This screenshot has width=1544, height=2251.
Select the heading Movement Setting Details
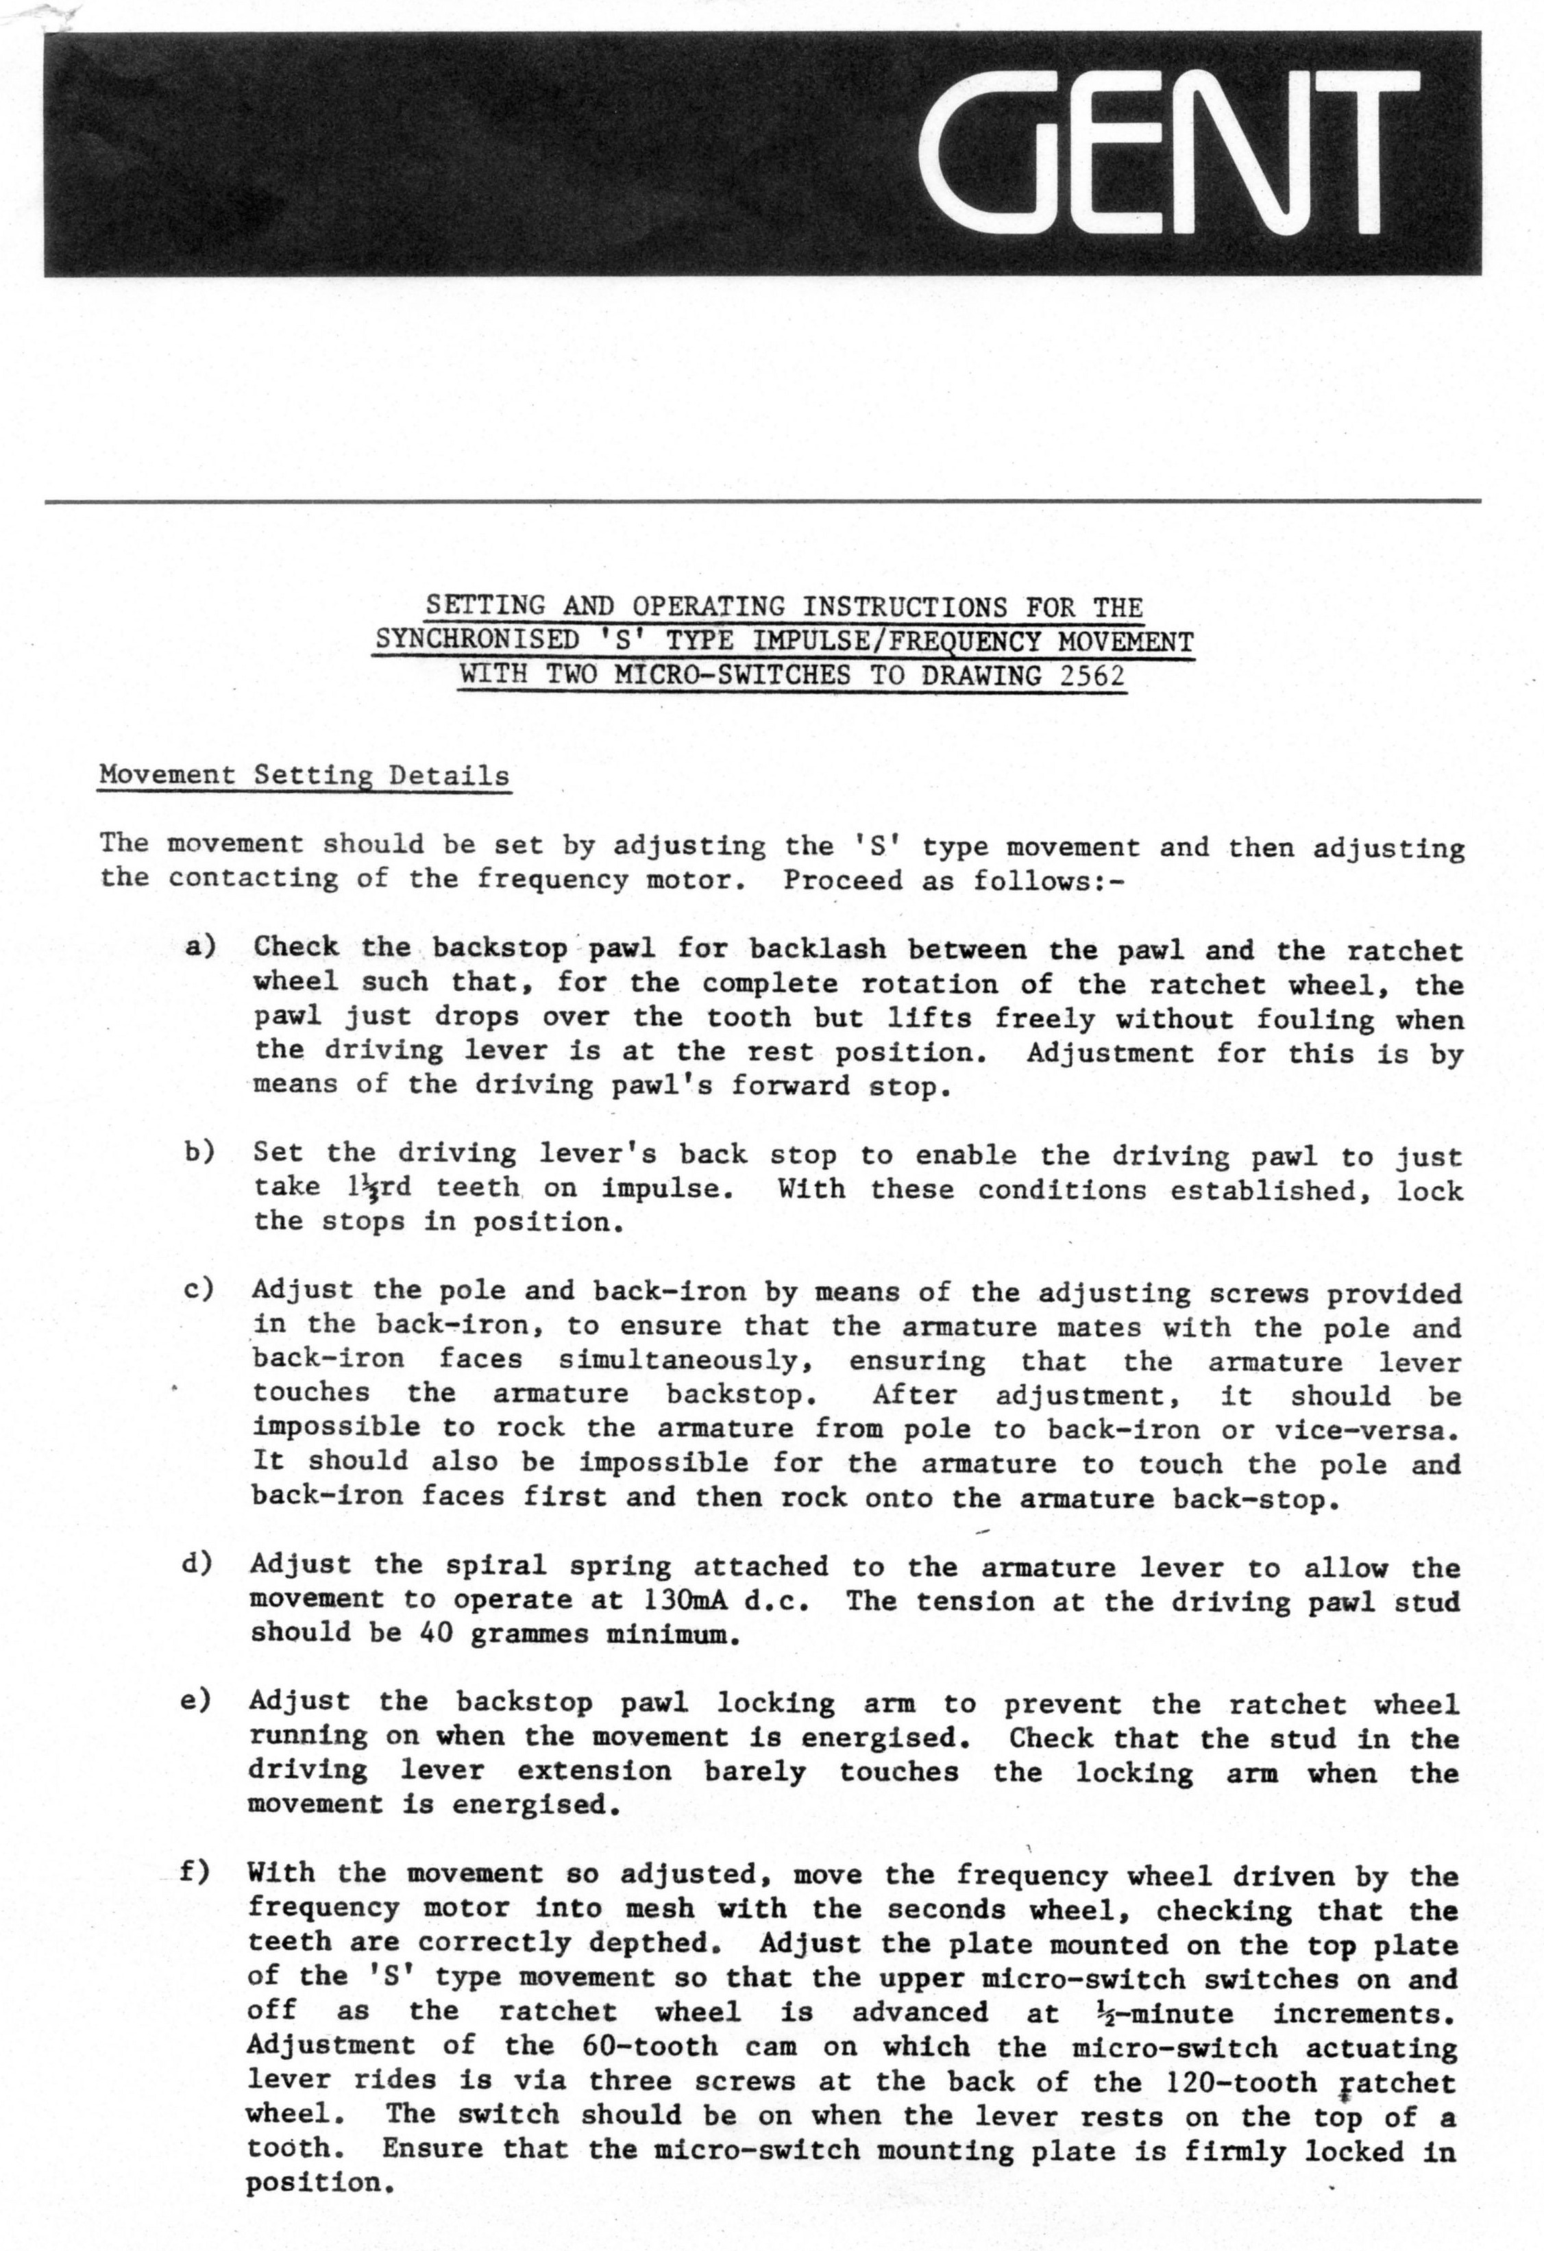pyautogui.click(x=304, y=776)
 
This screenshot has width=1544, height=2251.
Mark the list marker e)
pyautogui.click(x=197, y=1700)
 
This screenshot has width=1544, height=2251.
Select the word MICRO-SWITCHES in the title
pyautogui.click(x=733, y=674)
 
